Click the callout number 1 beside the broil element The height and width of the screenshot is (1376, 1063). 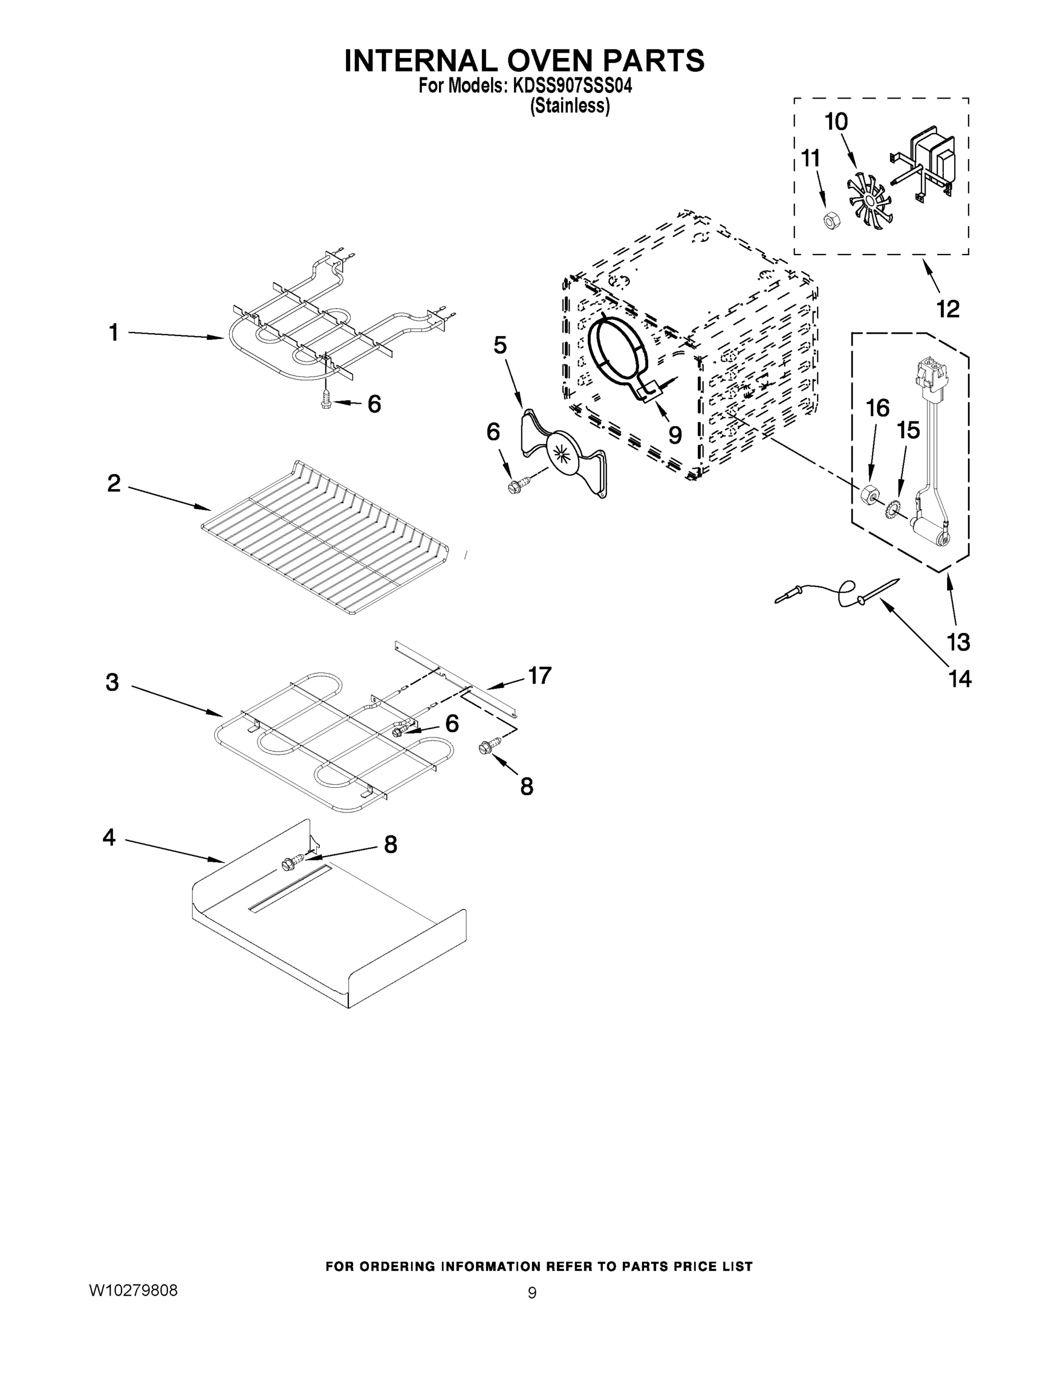point(114,332)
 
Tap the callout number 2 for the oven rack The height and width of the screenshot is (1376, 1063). point(113,483)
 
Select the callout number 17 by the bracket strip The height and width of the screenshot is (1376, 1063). point(540,675)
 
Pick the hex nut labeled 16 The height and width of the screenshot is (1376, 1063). point(870,495)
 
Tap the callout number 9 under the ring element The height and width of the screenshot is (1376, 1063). point(674,434)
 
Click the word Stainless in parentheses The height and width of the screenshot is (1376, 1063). point(570,106)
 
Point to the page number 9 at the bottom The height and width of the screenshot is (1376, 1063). point(532,1293)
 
